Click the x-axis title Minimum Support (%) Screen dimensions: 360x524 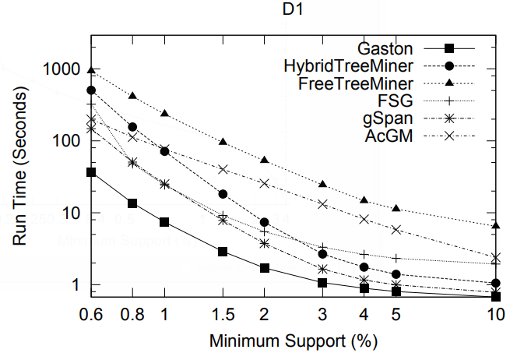[x=294, y=341]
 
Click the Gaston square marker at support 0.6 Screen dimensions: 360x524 [x=91, y=172]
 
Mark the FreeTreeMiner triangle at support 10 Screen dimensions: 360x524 [x=496, y=225]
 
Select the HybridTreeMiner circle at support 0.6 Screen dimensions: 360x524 [x=91, y=90]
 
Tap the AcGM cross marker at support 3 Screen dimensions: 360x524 [x=322, y=203]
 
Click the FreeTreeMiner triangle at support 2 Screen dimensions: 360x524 [x=265, y=160]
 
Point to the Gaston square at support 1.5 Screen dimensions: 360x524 [x=223, y=252]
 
